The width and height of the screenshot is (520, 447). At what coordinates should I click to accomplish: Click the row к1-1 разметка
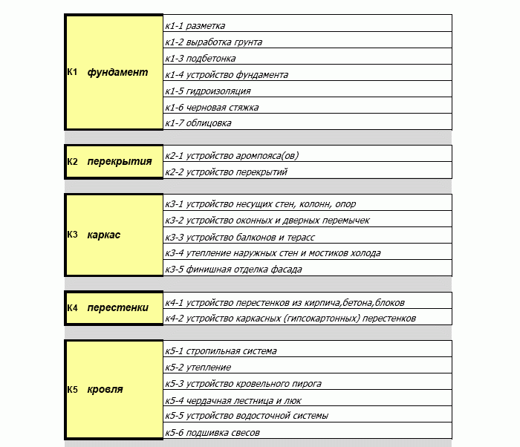[195, 26]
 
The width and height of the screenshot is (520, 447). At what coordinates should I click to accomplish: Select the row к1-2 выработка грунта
[213, 42]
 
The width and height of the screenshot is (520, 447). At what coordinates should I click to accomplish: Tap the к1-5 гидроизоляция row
[208, 91]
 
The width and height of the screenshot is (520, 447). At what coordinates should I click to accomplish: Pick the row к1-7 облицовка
[198, 123]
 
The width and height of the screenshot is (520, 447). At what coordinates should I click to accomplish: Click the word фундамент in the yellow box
[117, 73]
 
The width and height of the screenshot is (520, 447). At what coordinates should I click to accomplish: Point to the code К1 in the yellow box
[73, 73]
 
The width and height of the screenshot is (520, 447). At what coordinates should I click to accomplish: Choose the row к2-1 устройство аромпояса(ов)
[233, 156]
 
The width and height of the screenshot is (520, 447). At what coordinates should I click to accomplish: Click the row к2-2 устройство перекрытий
[226, 172]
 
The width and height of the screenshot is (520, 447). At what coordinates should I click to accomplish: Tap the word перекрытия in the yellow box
[119, 162]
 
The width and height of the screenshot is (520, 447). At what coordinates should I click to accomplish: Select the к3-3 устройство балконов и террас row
[240, 237]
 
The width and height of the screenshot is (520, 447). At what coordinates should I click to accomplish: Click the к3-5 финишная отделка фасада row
[234, 270]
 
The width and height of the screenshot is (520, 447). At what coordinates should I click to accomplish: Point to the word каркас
[103, 235]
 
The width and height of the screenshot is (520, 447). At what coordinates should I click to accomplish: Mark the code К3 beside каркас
[73, 235]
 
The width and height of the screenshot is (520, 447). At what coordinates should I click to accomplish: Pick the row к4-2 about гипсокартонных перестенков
[290, 319]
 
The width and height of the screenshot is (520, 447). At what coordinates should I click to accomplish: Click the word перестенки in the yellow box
[117, 307]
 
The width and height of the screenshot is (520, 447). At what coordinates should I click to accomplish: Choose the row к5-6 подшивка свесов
[212, 432]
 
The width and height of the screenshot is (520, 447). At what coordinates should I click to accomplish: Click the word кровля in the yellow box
[105, 389]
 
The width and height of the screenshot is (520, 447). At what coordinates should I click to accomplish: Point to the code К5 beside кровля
[73, 389]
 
